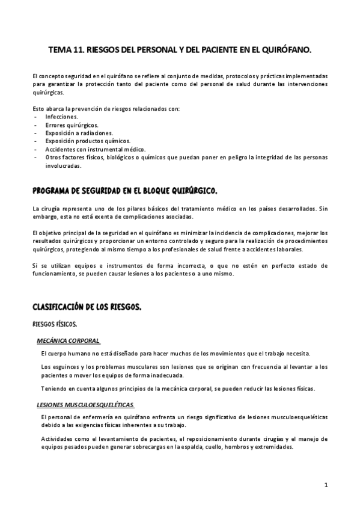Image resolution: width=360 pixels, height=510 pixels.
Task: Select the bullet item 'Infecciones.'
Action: (62, 116)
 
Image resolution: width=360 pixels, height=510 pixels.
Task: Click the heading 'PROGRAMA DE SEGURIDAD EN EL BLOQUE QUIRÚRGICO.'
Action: (125, 191)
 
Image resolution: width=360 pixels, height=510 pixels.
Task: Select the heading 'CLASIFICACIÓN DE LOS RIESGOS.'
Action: (87, 307)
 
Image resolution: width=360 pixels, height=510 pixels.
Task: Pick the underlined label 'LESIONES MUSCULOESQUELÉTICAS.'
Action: (85, 405)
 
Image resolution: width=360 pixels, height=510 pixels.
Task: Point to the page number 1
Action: (325, 484)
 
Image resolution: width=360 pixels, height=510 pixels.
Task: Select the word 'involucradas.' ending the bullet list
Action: (64, 165)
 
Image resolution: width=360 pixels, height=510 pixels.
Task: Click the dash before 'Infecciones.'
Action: (37, 116)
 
